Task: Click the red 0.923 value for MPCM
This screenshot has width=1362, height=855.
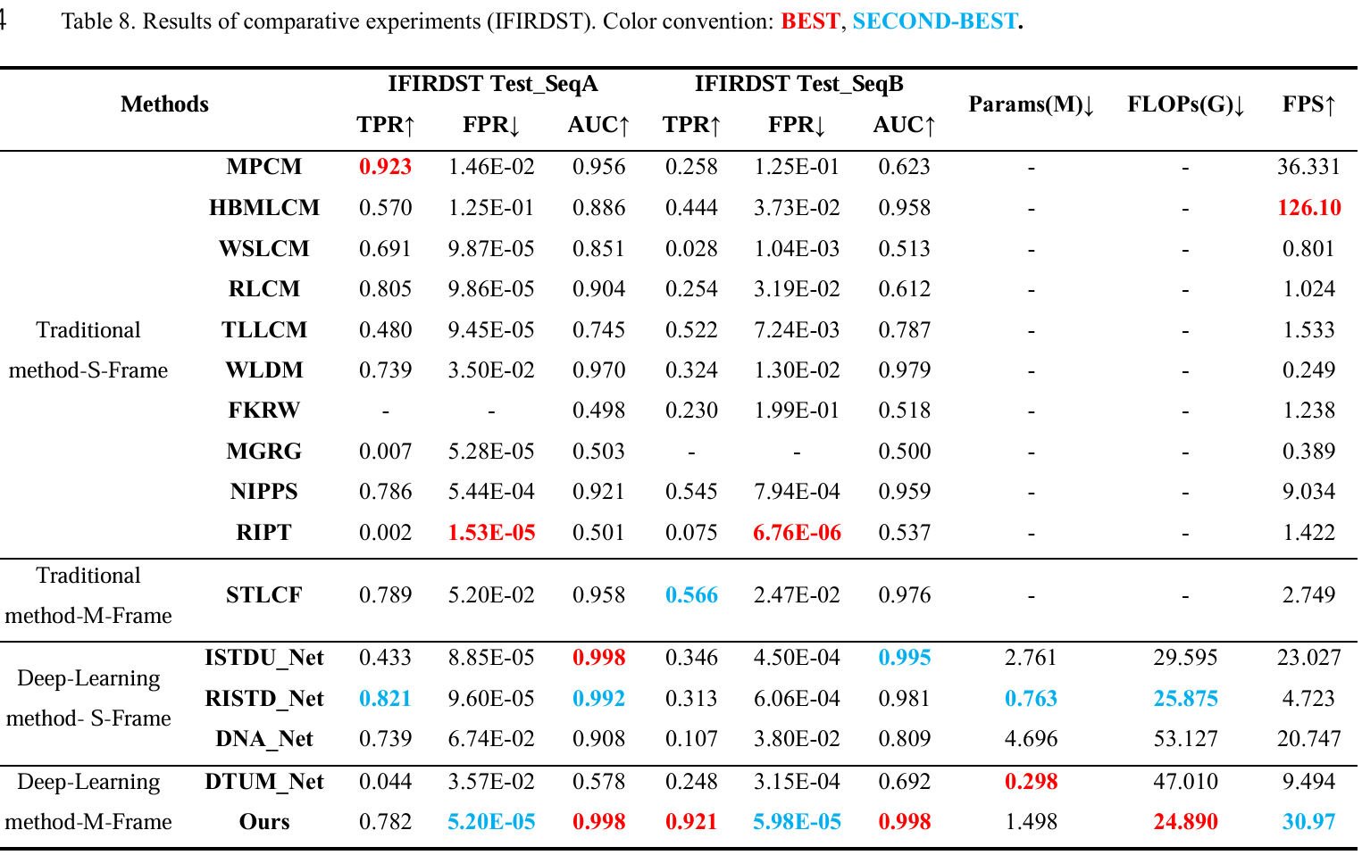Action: tap(385, 167)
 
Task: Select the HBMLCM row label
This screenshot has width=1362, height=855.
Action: tap(264, 208)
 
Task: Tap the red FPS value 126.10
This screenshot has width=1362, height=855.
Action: tap(1308, 208)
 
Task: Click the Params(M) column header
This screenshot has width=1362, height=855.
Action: tap(1031, 104)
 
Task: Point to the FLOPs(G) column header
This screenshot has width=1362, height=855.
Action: tap(1185, 104)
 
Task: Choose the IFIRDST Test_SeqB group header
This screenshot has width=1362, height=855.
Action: tap(798, 84)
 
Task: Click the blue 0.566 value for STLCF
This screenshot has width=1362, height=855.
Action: tap(691, 595)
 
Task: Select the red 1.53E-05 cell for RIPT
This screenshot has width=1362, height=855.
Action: tap(491, 533)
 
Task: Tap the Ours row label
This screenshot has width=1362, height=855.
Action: tap(264, 822)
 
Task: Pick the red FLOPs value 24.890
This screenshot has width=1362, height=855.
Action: tap(1185, 822)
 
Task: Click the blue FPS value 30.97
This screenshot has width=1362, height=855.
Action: tap(1308, 822)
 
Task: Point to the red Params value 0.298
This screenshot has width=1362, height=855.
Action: tap(1031, 782)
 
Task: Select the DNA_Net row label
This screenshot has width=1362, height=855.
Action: tap(264, 739)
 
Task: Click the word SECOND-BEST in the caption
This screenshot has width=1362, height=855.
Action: tap(934, 21)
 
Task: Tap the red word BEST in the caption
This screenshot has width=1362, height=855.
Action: tap(810, 21)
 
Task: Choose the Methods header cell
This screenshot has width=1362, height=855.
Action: tap(164, 104)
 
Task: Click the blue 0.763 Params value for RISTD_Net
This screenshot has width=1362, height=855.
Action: tap(1031, 699)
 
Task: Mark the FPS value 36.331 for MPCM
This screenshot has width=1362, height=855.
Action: tap(1308, 167)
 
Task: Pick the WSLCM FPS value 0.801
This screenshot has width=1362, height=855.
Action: tap(1308, 249)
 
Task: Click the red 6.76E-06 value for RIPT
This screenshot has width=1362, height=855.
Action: tap(797, 533)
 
